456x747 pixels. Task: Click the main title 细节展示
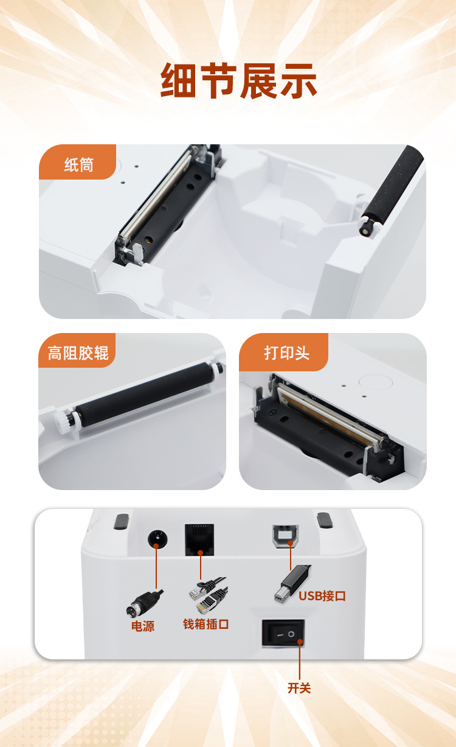238,80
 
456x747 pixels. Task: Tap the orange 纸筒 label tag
77,162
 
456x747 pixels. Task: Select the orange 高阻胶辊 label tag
77,351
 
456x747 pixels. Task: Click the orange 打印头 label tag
284,352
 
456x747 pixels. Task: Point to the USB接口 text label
322,596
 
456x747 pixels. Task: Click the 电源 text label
143,626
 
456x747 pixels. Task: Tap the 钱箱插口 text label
206,624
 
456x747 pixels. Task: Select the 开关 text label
299,688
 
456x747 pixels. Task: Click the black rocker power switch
283,633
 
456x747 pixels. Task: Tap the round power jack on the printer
157,539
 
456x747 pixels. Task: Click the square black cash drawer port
199,539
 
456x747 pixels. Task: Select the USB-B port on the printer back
286,536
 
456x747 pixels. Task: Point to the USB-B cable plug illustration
291,583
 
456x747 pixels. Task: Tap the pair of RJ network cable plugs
209,595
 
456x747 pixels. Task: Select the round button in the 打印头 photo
375,382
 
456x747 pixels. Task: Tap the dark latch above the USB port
324,521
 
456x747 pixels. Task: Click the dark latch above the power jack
121,522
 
